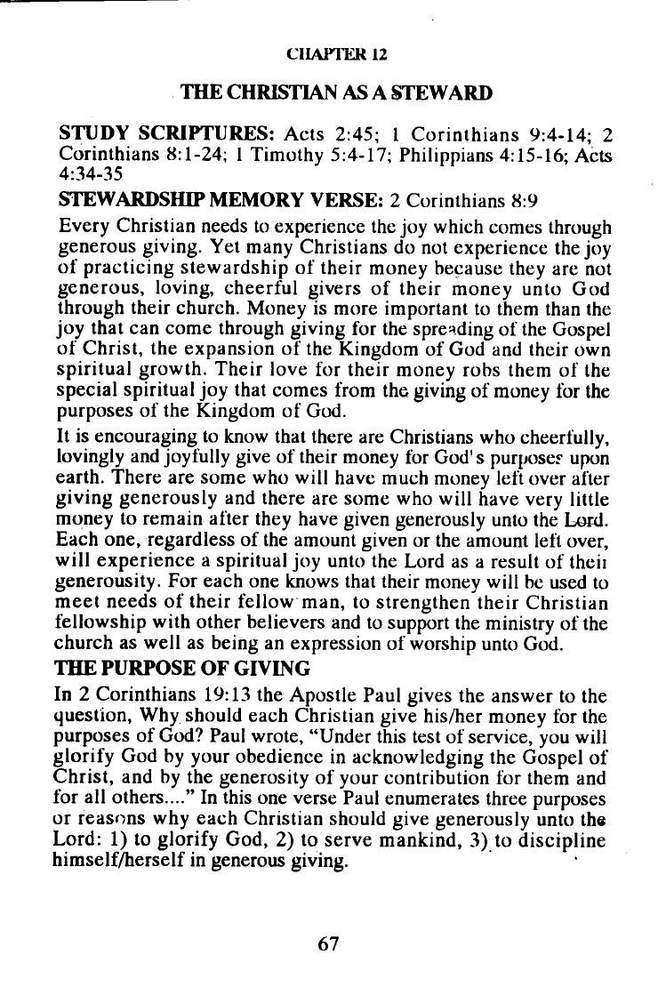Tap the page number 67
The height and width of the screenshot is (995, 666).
[x=329, y=943]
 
